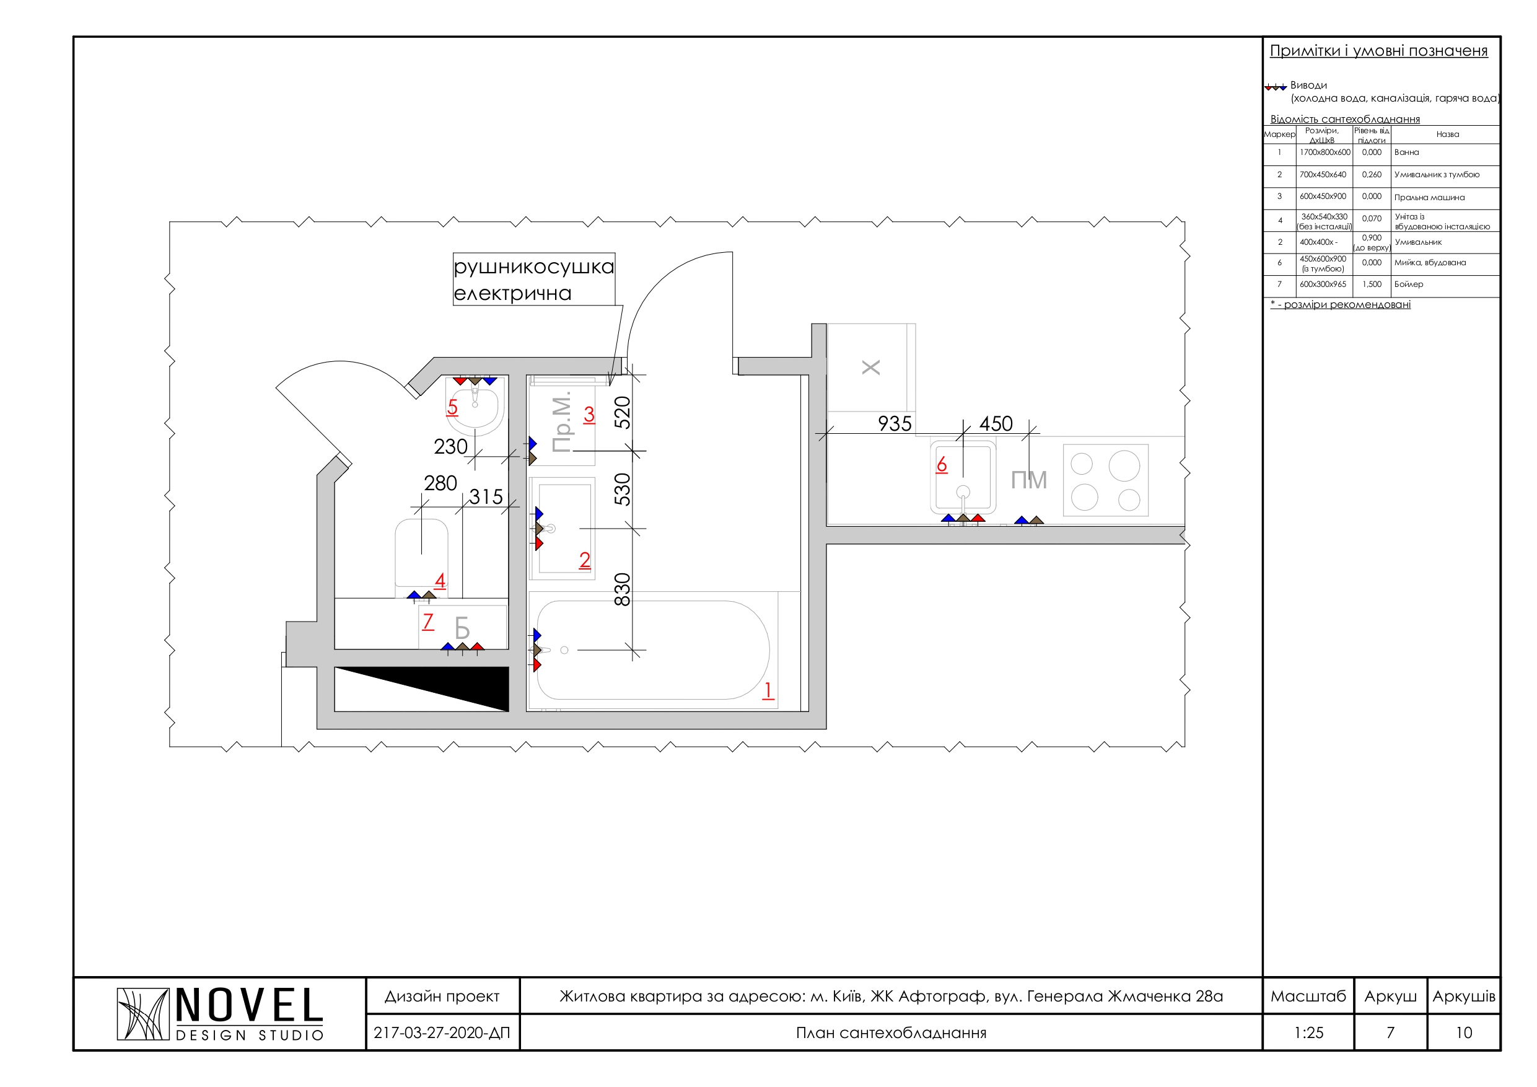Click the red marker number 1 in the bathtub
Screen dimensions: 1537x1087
coord(768,690)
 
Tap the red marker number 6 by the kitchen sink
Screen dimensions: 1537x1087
coord(942,465)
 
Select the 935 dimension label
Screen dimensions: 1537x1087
coord(895,424)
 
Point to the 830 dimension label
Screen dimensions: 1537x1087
coord(623,589)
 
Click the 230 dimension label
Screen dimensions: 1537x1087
coord(450,447)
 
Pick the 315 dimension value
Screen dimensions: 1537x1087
coord(485,497)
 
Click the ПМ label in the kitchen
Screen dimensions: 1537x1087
coord(1029,480)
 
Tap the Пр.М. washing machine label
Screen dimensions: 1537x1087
coord(562,423)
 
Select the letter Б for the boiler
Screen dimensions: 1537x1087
coord(462,628)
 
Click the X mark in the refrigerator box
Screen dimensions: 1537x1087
coord(871,367)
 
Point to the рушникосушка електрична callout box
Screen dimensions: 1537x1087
coord(533,279)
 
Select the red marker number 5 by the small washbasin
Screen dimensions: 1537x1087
coord(452,407)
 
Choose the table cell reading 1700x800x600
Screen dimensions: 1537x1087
coord(1325,152)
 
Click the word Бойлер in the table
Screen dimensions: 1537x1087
coord(1409,284)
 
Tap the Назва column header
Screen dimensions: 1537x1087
coord(1447,134)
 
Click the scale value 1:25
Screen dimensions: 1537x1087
coord(1308,1032)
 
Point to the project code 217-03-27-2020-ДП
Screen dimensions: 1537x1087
coord(442,1032)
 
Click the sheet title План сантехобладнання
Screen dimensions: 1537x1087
coord(891,1032)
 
